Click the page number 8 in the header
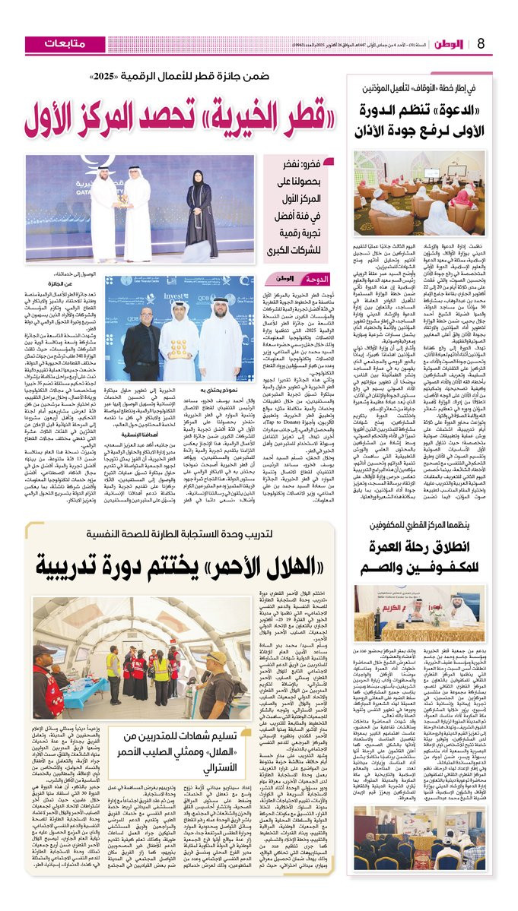pos(503,43)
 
